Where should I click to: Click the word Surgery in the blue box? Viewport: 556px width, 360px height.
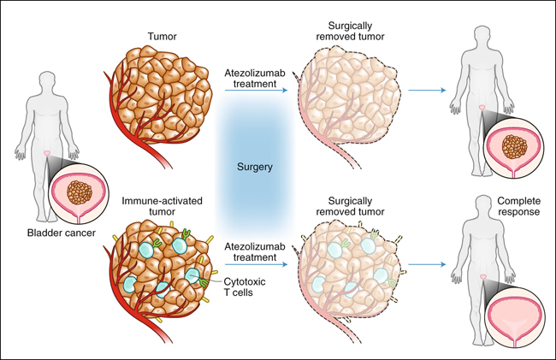tap(255, 167)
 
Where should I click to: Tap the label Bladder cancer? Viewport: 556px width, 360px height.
tap(62, 233)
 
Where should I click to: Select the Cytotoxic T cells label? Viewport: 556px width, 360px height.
tap(245, 287)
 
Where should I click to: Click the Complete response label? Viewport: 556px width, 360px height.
tap(518, 206)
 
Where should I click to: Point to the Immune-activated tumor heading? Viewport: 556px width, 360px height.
tap(162, 206)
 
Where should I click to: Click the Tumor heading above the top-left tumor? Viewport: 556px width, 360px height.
tap(162, 37)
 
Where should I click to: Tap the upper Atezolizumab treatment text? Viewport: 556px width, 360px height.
tap(255, 79)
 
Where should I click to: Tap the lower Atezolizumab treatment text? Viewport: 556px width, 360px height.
tap(255, 251)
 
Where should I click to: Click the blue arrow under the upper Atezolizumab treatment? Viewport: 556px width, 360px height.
tap(256, 91)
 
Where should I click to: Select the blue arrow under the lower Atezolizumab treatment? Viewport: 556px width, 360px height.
tap(256, 264)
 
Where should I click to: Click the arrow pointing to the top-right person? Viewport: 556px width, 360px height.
tap(427, 90)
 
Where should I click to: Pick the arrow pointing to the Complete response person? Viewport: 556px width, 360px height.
tap(427, 264)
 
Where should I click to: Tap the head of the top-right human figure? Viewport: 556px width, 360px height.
tap(482, 35)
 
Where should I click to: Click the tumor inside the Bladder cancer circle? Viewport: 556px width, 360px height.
tap(80, 192)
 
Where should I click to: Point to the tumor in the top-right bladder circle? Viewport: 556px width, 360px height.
tap(514, 147)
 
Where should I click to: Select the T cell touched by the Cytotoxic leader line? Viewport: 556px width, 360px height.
tap(193, 276)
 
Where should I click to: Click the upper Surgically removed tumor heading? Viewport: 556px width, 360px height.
tap(350, 31)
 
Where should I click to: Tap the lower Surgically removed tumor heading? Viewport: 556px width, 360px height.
tap(350, 206)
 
